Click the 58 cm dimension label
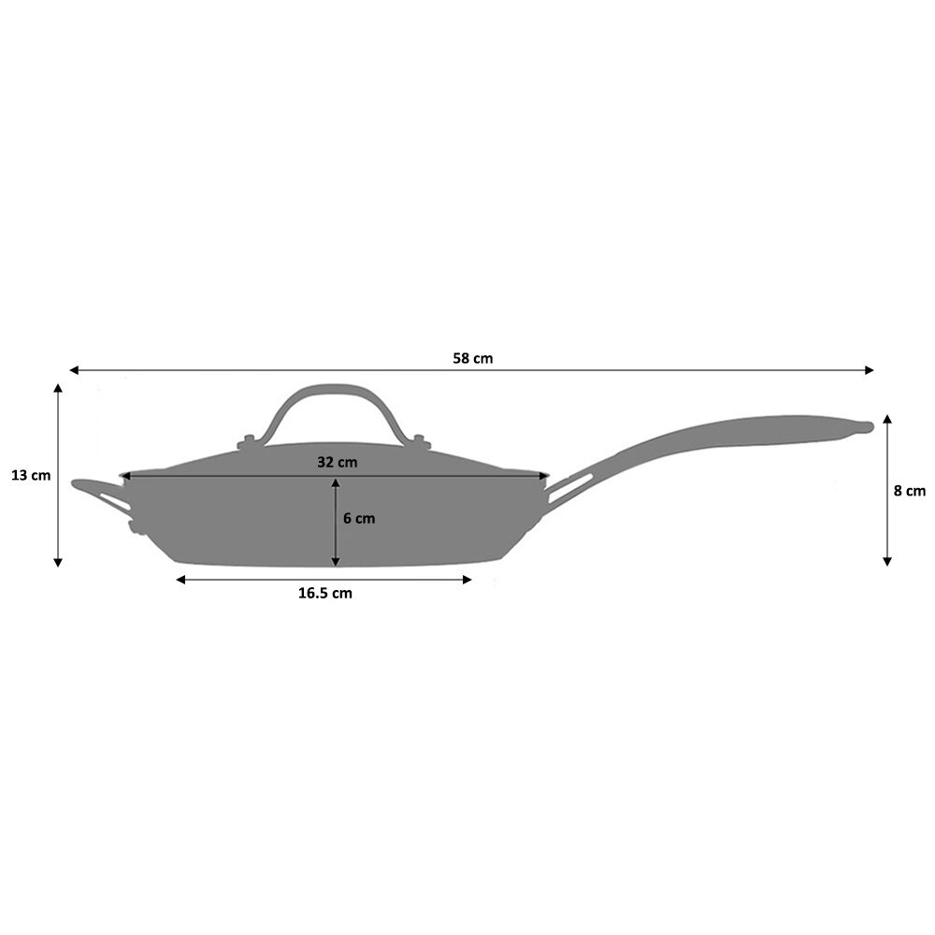click(x=472, y=358)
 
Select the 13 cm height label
click(x=31, y=475)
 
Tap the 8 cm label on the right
click(x=909, y=490)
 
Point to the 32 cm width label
click(x=337, y=462)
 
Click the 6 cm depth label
click(x=358, y=518)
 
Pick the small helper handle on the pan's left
click(x=98, y=493)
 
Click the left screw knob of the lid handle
click(x=248, y=441)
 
